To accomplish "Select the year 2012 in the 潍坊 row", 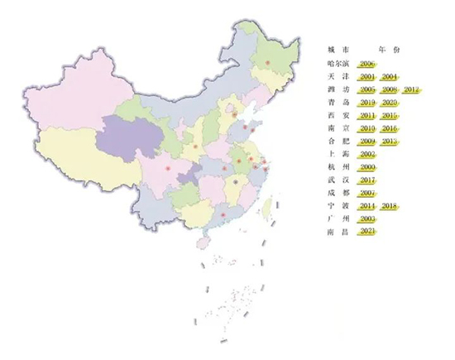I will pyautogui.click(x=413, y=89).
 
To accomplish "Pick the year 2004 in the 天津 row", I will pyautogui.click(x=390, y=76).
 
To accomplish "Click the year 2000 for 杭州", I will pyautogui.click(x=368, y=167).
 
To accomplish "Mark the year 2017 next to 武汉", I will pyautogui.click(x=368, y=180).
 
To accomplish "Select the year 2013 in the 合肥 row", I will pyautogui.click(x=390, y=142).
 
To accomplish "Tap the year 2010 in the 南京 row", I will pyautogui.click(x=368, y=129).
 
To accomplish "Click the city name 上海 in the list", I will pyautogui.click(x=338, y=155).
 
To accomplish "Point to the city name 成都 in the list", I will pyautogui.click(x=338, y=192).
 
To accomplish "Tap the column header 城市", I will pyautogui.click(x=338, y=49).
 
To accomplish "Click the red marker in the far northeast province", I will pyautogui.click(x=267, y=63).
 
